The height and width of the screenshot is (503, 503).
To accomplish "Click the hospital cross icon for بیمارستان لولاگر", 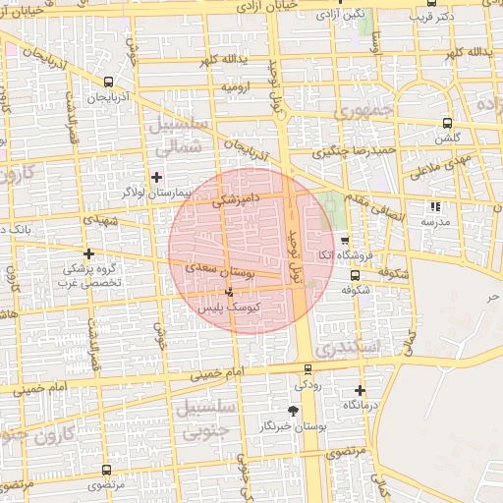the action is point(156,177).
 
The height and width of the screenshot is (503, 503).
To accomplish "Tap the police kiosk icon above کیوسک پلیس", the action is point(230,292).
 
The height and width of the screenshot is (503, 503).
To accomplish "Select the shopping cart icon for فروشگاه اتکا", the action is point(344,240).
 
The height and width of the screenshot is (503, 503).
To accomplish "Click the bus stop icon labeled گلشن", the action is point(448,123).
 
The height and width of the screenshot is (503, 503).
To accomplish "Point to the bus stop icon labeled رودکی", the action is point(309,369).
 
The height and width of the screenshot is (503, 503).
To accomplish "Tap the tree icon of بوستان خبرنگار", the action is point(292,411).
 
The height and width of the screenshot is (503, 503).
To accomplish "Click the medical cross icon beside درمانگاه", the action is point(360,390).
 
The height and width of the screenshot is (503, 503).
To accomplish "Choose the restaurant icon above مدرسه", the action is point(436,206).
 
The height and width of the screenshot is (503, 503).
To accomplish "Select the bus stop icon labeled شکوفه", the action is point(355,276).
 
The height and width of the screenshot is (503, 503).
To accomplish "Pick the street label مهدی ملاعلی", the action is point(445,166).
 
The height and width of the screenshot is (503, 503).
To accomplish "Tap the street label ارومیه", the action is point(239,87).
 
